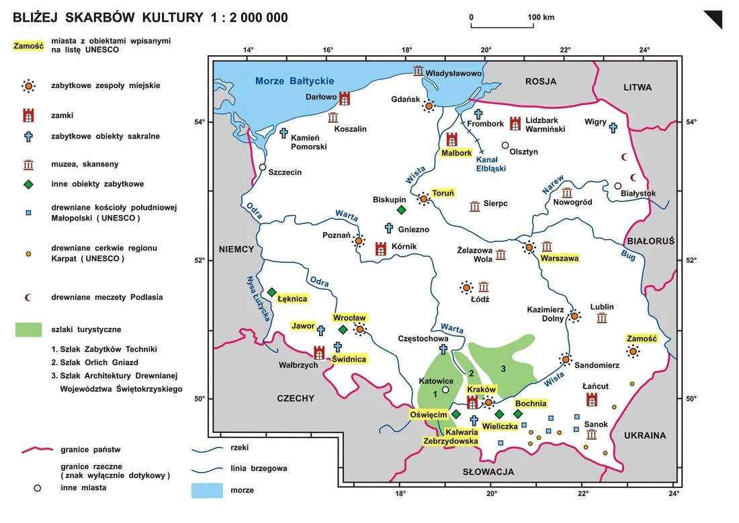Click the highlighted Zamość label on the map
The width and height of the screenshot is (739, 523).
(x=641, y=338)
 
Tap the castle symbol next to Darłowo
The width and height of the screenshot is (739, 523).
(x=345, y=99)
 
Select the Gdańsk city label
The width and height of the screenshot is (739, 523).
(x=405, y=99)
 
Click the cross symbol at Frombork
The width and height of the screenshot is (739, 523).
(x=478, y=114)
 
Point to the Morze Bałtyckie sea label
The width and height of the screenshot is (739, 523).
(x=294, y=82)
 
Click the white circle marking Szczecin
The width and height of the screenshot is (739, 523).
(x=263, y=167)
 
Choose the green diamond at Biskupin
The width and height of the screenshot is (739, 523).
(x=401, y=210)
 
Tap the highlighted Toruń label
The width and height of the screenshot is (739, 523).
(x=443, y=193)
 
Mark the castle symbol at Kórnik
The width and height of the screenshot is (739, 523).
(x=381, y=249)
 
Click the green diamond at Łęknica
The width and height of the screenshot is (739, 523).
(x=272, y=292)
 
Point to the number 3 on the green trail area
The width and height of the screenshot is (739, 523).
(x=503, y=368)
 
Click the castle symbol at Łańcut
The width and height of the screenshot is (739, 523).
(x=592, y=400)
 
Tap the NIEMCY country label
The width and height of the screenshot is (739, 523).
(x=236, y=249)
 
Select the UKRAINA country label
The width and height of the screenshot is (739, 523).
(x=644, y=436)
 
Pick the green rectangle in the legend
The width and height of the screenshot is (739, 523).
(x=33, y=329)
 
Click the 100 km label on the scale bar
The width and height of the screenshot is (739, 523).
(x=541, y=17)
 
